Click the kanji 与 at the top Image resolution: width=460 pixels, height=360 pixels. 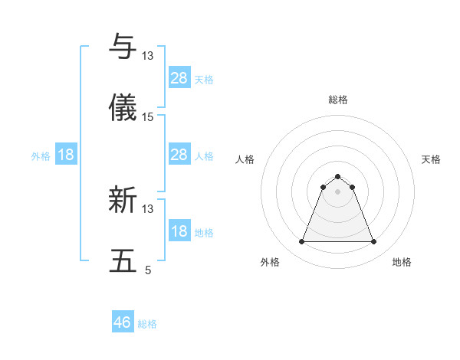tap(123, 47)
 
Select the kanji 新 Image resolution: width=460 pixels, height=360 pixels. tap(123, 201)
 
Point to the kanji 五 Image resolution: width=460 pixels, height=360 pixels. tap(123, 261)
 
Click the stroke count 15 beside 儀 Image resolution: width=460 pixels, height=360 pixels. tap(148, 117)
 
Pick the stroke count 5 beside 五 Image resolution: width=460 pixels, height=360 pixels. tap(148, 270)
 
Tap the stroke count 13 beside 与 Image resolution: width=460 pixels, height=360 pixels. tap(148, 56)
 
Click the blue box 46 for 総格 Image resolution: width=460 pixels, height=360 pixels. tap(123, 322)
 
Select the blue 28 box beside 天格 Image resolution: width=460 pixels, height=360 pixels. tap(179, 78)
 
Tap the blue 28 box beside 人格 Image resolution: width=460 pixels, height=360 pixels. tap(179, 155)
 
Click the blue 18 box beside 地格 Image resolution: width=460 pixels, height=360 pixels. tap(179, 231)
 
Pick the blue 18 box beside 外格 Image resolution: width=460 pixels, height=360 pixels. tap(66, 155)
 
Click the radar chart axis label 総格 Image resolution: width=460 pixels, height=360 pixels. tap(338, 100)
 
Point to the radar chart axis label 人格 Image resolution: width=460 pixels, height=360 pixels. tap(245, 159)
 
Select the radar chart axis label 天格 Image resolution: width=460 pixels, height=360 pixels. tap(431, 159)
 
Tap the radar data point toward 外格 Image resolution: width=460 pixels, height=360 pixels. tap(302, 242)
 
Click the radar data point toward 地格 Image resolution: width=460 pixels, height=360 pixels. tap(373, 242)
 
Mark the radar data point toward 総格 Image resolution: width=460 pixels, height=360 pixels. tap(338, 176)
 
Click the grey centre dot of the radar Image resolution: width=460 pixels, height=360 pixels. tap(338, 191)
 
